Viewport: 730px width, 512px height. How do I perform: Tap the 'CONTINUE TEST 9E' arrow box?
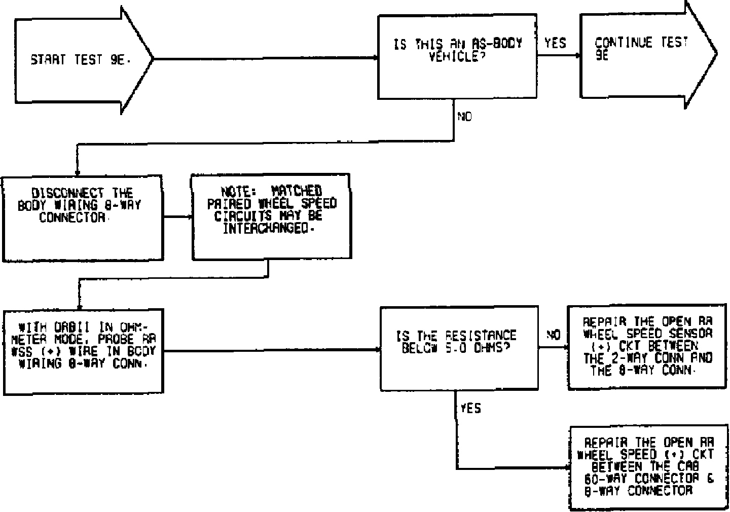(641, 54)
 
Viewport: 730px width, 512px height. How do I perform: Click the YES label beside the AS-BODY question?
(555, 44)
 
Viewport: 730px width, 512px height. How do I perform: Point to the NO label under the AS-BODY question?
(464, 117)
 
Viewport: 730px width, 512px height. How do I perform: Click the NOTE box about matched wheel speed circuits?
(271, 217)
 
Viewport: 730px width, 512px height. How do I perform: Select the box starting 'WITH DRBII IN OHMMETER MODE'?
(84, 351)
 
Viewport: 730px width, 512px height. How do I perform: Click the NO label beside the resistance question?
(553, 335)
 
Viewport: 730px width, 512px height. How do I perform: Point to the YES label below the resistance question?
(470, 409)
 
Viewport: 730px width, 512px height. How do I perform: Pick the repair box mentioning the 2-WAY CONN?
(647, 347)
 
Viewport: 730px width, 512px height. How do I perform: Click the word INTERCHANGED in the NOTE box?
(266, 229)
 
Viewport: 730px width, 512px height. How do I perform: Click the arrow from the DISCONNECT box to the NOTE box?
(177, 217)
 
